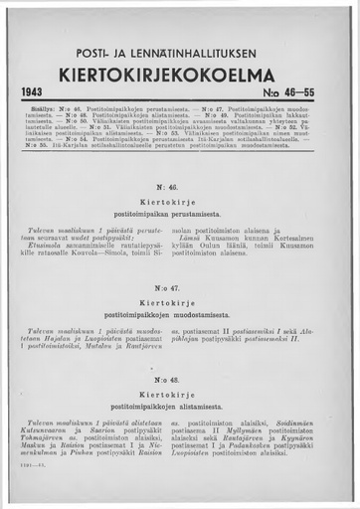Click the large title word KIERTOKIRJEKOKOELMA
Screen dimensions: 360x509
[180, 72]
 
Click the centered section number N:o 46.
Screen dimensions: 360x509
[180, 187]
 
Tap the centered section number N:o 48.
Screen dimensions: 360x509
[180, 379]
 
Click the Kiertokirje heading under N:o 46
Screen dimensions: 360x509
[180, 202]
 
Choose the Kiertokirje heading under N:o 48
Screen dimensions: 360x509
[180, 394]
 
